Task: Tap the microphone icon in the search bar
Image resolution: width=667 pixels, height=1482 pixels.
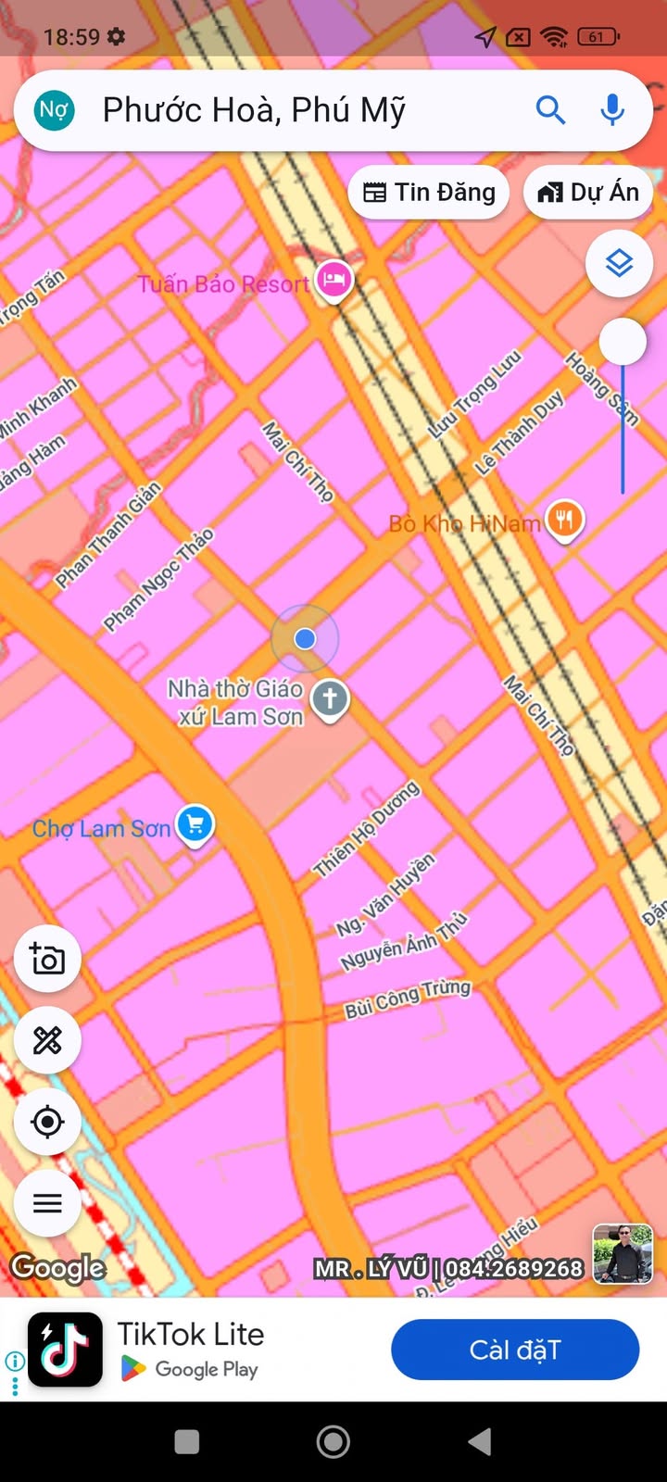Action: pos(611,110)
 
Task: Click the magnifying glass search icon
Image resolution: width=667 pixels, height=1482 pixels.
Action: pos(550,110)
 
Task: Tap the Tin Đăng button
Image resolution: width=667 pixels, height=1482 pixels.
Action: pos(429,193)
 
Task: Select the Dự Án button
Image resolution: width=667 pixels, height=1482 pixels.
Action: pos(588,193)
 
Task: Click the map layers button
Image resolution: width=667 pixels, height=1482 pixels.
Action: pos(619,264)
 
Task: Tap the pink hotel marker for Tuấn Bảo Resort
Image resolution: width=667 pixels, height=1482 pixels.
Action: pos(333,279)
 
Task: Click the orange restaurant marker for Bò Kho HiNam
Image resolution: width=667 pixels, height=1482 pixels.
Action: pos(564,519)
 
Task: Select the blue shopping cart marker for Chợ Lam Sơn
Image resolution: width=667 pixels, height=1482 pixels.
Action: pos(195,823)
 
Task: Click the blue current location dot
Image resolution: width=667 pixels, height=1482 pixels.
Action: pos(305,638)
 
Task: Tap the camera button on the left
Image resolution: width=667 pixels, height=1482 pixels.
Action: pos(47,959)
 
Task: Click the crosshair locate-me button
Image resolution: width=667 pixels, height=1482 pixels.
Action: pos(47,1122)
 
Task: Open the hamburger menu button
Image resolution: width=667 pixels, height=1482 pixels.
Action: pos(47,1203)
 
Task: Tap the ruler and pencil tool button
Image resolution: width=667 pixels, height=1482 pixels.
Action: pos(47,1040)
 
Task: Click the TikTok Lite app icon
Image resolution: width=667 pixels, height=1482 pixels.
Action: pos(65,1350)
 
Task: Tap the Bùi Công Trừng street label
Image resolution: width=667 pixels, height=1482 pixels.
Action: pos(408,998)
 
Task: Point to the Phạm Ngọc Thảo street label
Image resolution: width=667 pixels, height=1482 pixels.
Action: pos(158,580)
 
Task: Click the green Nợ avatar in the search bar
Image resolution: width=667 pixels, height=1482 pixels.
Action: pos(54,110)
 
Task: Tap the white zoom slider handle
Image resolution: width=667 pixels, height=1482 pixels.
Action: pos(623,342)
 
